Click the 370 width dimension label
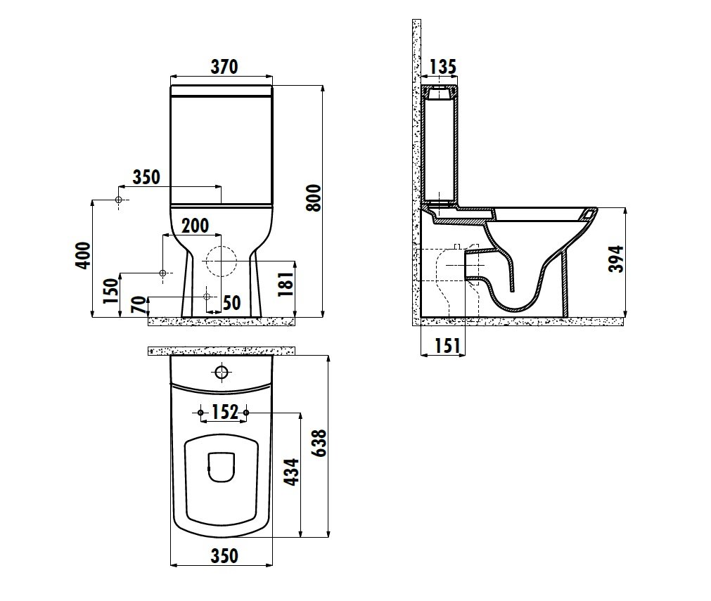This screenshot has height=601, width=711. [x=224, y=67]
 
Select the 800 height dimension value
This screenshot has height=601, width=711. [x=314, y=198]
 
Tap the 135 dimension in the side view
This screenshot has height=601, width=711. [x=442, y=67]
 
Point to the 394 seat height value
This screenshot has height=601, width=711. [x=616, y=259]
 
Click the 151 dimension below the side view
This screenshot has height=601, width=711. [x=447, y=346]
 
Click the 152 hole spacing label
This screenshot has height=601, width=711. [x=224, y=412]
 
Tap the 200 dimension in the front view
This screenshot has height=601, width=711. [x=195, y=225]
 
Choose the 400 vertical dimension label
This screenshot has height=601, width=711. [x=83, y=256]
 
